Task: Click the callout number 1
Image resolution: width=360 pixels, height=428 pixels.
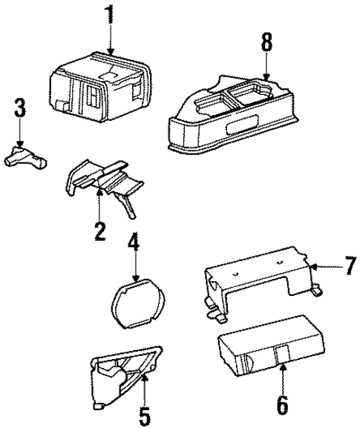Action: [110, 16]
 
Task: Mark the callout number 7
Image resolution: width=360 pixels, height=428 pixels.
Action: [350, 266]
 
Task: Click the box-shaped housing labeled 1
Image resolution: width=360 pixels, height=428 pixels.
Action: [96, 85]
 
